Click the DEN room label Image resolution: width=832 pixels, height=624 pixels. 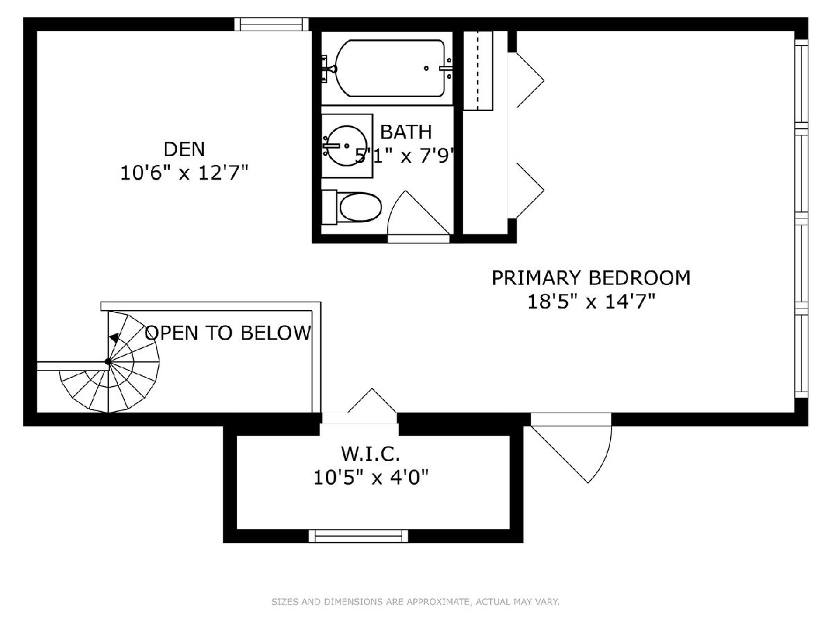click(184, 149)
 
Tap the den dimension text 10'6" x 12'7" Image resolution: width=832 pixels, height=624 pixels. click(184, 173)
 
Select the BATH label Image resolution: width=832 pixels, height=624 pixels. click(406, 132)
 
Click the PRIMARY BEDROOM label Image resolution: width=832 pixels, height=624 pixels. click(591, 278)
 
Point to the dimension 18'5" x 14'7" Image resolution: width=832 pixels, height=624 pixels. click(591, 302)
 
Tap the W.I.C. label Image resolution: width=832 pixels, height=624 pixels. click(370, 453)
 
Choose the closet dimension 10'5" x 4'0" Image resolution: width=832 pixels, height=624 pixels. click(371, 478)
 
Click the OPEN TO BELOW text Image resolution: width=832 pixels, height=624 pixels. click(228, 333)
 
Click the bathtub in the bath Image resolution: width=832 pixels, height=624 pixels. click(390, 68)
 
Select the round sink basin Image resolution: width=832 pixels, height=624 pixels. click(347, 146)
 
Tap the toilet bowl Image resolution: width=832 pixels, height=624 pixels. click(360, 207)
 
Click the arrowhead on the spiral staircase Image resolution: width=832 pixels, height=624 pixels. click(114, 338)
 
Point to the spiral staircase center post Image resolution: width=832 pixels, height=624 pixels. click(108, 361)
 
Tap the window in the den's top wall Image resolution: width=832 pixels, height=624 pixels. click(271, 24)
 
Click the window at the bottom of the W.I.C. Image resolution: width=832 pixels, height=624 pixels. click(358, 536)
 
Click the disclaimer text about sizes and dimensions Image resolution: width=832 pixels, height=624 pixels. click(415, 601)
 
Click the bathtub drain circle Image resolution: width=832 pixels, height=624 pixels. click(426, 68)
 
